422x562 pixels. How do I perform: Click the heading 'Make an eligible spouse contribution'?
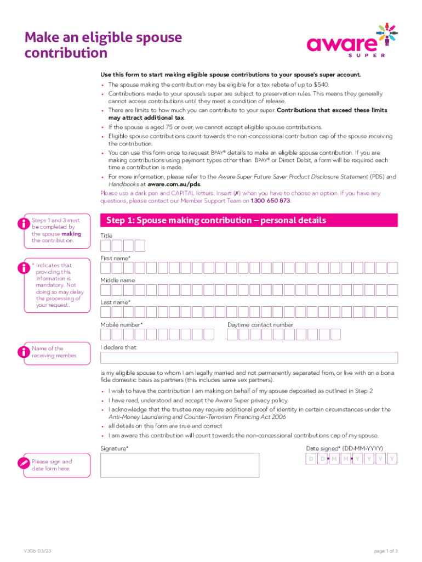pos(103,46)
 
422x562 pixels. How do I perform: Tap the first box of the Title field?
pos(106,246)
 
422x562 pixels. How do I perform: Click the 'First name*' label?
pos(115,258)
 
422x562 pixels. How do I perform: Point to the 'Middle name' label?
pos(117,280)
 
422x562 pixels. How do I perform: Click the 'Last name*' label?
pos(115,302)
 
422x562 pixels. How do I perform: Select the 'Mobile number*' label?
pos(121,325)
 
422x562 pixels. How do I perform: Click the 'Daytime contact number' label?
pos(260,325)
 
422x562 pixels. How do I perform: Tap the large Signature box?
pos(179,465)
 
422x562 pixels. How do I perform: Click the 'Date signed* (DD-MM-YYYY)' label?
pos(344,448)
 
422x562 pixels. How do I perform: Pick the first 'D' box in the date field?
pos(311,459)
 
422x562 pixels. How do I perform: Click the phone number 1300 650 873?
pos(270,201)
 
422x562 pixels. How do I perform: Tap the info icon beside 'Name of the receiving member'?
pos(24,352)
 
